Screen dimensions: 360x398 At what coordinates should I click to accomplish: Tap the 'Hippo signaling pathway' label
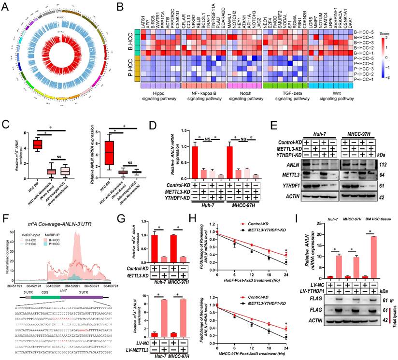point(147,96)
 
